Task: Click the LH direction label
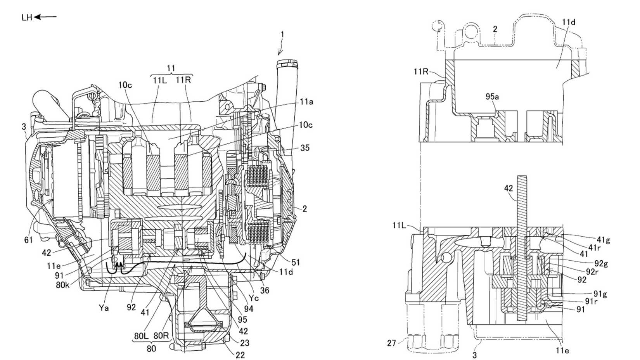pyautogui.click(x=27, y=17)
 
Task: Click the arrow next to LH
pyautogui.click(x=46, y=17)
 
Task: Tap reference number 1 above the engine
pyautogui.click(x=282, y=35)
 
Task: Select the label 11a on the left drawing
pyautogui.click(x=306, y=102)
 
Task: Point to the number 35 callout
pyautogui.click(x=305, y=148)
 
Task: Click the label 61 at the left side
pyautogui.click(x=28, y=241)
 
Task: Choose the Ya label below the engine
pyautogui.click(x=104, y=308)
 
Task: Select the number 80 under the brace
pyautogui.click(x=151, y=348)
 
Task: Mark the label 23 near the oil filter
pyautogui.click(x=245, y=343)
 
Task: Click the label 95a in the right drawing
pyautogui.click(x=492, y=96)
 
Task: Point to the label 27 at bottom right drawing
pyautogui.click(x=391, y=343)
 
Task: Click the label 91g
pyautogui.click(x=600, y=294)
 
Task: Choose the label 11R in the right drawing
pyautogui.click(x=421, y=71)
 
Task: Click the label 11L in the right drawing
pyautogui.click(x=399, y=225)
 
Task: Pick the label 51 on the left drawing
pyautogui.click(x=296, y=263)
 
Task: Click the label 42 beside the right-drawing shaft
pyautogui.click(x=509, y=189)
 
